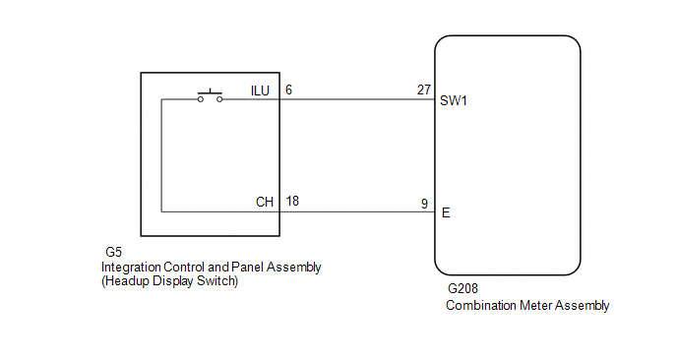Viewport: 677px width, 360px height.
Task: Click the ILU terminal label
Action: [x=260, y=90]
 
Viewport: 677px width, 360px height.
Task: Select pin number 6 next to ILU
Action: [x=288, y=90]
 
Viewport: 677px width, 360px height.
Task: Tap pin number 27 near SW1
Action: [x=424, y=90]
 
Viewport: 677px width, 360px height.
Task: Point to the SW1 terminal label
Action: [x=454, y=100]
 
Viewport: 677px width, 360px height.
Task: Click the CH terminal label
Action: [x=265, y=202]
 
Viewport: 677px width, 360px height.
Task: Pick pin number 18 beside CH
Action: [x=292, y=202]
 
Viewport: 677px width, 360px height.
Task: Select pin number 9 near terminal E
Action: [x=424, y=204]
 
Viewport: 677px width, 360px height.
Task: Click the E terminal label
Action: [x=446, y=212]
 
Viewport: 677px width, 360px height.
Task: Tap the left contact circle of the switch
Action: [x=201, y=99]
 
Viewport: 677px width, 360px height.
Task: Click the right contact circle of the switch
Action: [x=219, y=99]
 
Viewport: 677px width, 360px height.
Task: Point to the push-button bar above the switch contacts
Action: [x=210, y=92]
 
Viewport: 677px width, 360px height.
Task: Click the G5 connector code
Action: [x=113, y=252]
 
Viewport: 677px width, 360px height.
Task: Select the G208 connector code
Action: [x=462, y=288]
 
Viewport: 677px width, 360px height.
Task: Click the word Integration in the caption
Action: [x=131, y=268]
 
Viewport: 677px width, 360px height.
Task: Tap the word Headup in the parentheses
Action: [x=126, y=281]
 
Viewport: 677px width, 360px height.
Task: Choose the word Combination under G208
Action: [x=481, y=305]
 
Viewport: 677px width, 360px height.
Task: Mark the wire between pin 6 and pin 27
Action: [x=357, y=99]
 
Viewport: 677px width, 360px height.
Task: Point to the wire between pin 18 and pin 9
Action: [x=357, y=211]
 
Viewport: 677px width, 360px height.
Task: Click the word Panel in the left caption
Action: [x=247, y=268]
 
